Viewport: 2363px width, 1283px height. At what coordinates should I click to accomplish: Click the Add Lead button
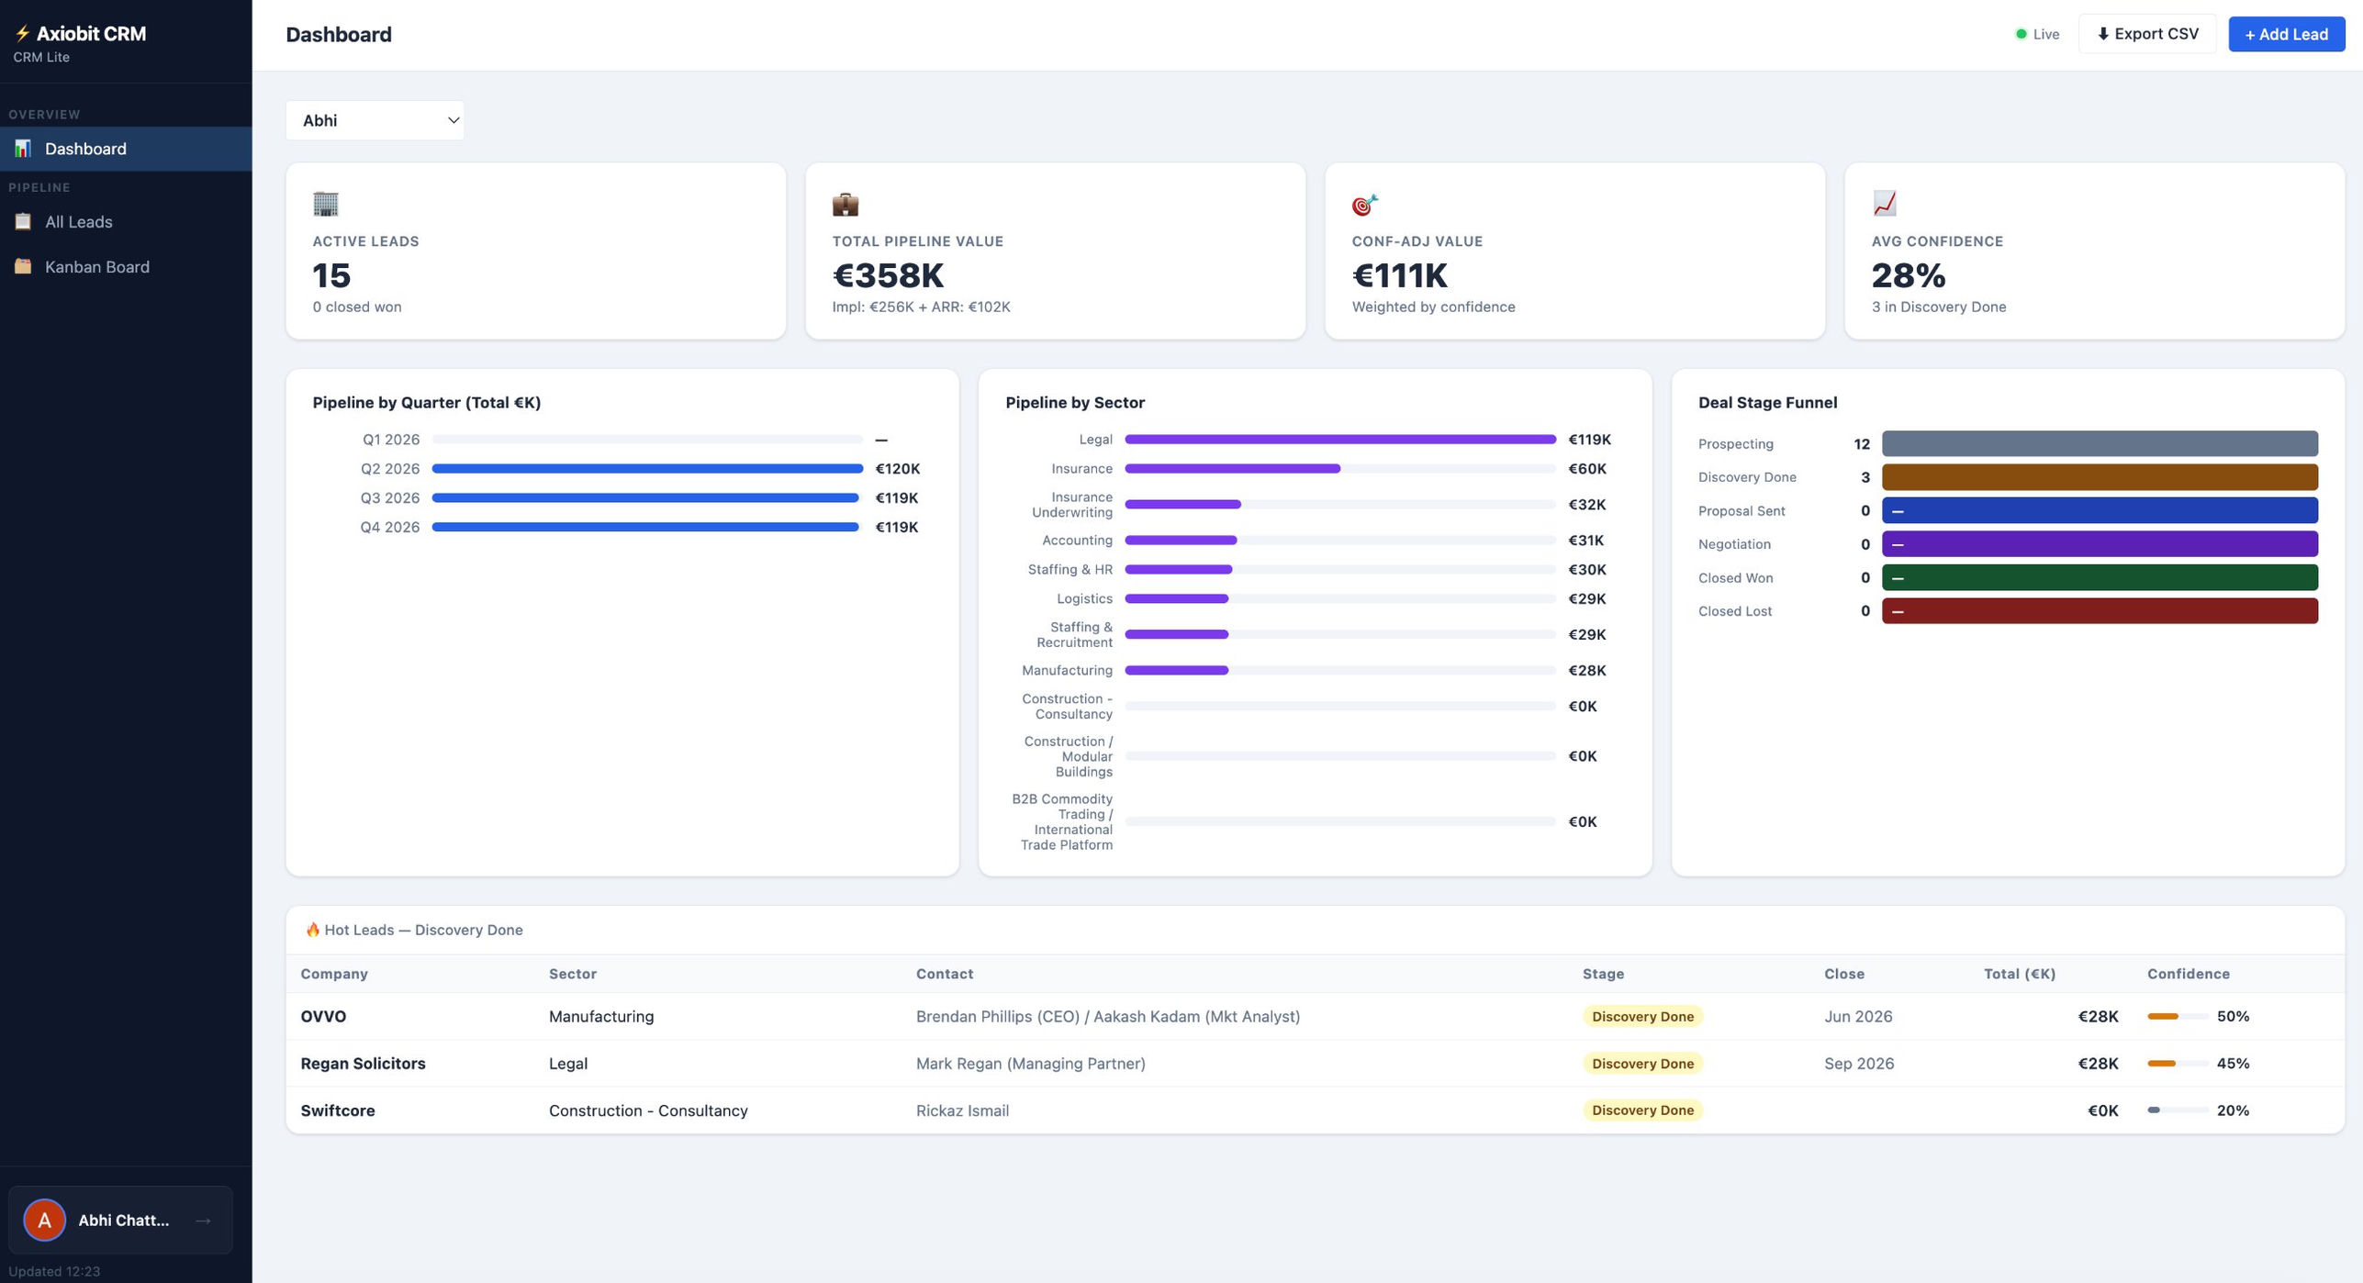pyautogui.click(x=2285, y=34)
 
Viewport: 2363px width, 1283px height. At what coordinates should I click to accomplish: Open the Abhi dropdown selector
pyautogui.click(x=375, y=120)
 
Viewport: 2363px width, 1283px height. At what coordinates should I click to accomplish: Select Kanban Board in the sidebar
pyautogui.click(x=96, y=267)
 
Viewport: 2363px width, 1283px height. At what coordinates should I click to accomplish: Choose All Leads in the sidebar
pyautogui.click(x=78, y=222)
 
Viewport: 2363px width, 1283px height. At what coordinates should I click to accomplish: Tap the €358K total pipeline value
pyautogui.click(x=887, y=275)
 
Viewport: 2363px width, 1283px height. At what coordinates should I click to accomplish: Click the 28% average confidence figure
pyautogui.click(x=1908, y=275)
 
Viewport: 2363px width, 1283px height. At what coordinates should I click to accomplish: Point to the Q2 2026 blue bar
pyautogui.click(x=646, y=469)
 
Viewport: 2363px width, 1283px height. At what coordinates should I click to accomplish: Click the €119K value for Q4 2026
pyautogui.click(x=896, y=528)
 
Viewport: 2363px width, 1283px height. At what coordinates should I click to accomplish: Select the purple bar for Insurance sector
pyautogui.click(x=1231, y=469)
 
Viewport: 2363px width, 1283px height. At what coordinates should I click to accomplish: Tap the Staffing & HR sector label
pyautogui.click(x=1070, y=570)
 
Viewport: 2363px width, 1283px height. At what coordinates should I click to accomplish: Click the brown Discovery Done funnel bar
pyautogui.click(x=2099, y=477)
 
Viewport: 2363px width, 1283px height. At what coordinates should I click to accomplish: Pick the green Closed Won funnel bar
pyautogui.click(x=2099, y=578)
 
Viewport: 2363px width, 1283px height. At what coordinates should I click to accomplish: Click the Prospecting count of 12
pyautogui.click(x=1861, y=444)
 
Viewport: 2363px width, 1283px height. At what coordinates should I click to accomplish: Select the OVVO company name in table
pyautogui.click(x=323, y=1017)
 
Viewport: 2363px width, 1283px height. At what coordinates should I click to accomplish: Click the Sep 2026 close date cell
pyautogui.click(x=1858, y=1064)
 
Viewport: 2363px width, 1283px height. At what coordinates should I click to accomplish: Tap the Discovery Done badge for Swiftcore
pyautogui.click(x=1641, y=1110)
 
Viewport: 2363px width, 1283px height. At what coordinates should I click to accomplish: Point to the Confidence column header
pyautogui.click(x=2187, y=974)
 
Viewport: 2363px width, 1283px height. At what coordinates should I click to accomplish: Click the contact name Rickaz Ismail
pyautogui.click(x=961, y=1110)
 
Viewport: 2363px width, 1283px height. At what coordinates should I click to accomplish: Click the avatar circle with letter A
pyautogui.click(x=44, y=1220)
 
